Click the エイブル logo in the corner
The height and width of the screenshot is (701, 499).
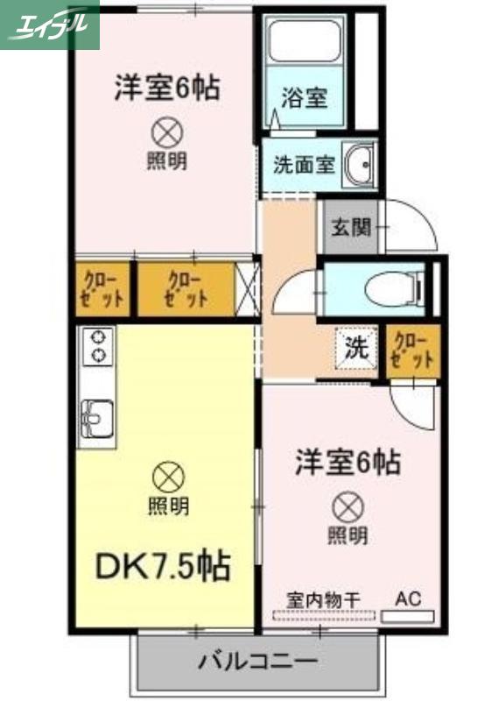coord(50,25)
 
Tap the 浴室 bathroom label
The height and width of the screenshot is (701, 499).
coord(305,97)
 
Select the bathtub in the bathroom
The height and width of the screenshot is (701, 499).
coord(305,39)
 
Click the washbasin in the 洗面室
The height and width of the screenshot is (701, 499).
coord(359,164)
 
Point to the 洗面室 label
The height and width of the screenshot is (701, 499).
coord(304,165)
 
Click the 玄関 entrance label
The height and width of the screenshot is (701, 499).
coord(351,228)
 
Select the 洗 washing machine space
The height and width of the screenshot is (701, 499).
coord(357,348)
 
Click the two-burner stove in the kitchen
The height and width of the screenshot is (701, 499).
coord(97,345)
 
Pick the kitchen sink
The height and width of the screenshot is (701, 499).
coord(96,419)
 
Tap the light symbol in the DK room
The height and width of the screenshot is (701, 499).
coord(168,477)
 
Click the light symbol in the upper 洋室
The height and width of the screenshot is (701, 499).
coord(167,132)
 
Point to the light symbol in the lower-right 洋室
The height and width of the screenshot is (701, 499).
coord(348,507)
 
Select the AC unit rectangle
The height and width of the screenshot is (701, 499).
coord(407,617)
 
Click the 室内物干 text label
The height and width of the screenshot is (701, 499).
coord(323,601)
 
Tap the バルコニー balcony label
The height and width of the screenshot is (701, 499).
coord(257,660)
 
